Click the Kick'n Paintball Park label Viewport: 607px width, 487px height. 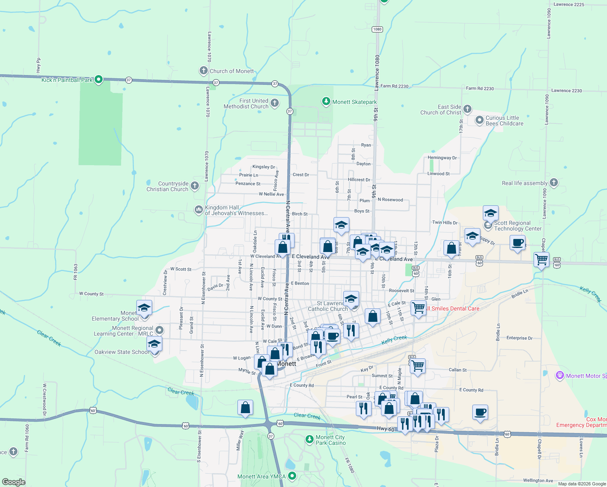(x=67, y=80)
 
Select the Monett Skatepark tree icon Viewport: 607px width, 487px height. (x=326, y=101)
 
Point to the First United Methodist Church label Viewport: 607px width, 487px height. (x=246, y=103)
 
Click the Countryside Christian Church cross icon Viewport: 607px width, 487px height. (x=195, y=186)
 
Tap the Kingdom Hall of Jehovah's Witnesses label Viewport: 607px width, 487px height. (x=236, y=210)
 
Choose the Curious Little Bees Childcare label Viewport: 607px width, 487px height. (x=504, y=121)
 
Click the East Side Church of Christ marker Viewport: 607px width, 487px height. (x=467, y=109)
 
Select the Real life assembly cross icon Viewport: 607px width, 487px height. (x=554, y=183)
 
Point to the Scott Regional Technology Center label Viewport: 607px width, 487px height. (x=517, y=226)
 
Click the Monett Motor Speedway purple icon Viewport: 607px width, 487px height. (x=560, y=375)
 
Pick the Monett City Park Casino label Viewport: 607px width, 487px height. (x=331, y=440)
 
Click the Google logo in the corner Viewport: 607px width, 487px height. (x=14, y=482)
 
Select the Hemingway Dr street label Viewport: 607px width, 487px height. (x=442, y=158)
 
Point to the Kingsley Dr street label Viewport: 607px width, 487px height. (x=263, y=167)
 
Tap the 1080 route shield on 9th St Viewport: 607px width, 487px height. (x=377, y=29)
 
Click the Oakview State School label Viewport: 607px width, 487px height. (x=122, y=352)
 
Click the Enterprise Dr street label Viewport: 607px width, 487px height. (x=519, y=338)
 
